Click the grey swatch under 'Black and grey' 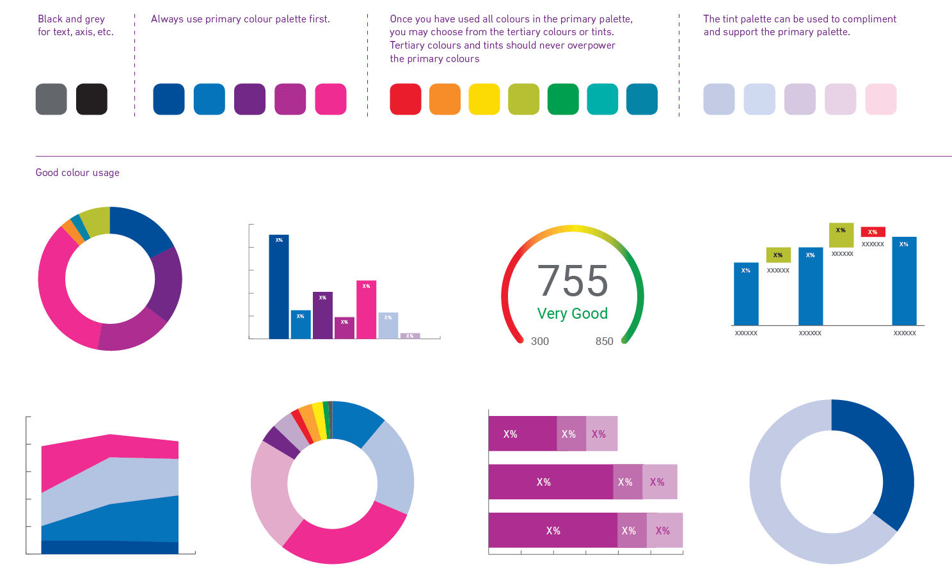pos(51,99)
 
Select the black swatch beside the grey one pos(91,99)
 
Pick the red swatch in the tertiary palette pos(406,99)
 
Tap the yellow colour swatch pos(484,99)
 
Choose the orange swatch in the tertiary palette pos(445,99)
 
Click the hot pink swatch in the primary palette pos(331,99)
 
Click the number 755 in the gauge pos(572,281)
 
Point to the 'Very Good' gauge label pos(572,314)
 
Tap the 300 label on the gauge pos(540,341)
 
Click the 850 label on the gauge pos(604,341)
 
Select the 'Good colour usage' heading pos(77,173)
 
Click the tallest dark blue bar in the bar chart pos(279,288)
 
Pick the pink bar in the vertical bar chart pos(367,310)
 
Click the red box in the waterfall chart pos(873,232)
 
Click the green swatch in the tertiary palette pos(563,99)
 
